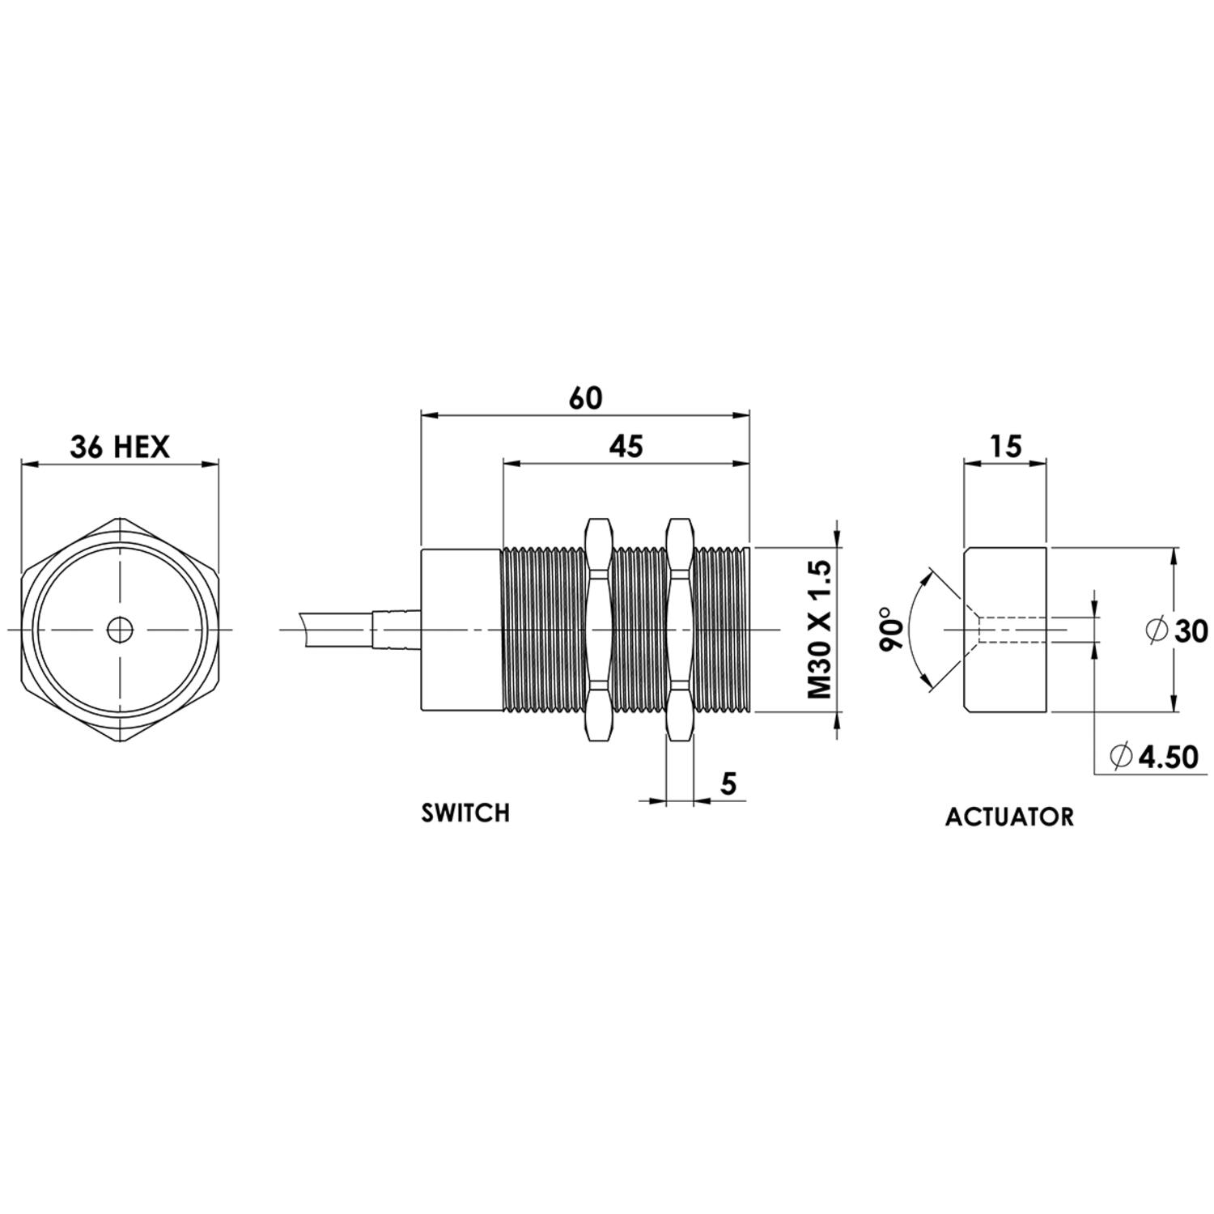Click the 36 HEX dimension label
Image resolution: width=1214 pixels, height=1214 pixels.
[120, 447]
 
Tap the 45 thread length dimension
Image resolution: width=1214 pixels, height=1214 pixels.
[626, 446]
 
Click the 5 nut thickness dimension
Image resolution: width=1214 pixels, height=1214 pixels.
[728, 783]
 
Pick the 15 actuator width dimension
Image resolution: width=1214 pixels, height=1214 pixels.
[1005, 446]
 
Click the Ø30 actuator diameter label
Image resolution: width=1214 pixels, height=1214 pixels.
[1178, 630]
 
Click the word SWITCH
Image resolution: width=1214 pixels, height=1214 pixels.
[465, 813]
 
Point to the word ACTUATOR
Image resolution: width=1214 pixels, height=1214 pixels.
[1009, 817]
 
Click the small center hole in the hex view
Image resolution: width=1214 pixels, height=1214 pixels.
[120, 630]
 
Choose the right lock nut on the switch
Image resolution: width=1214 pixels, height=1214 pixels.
[679, 630]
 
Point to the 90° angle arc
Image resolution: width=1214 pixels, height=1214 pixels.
[911, 630]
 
